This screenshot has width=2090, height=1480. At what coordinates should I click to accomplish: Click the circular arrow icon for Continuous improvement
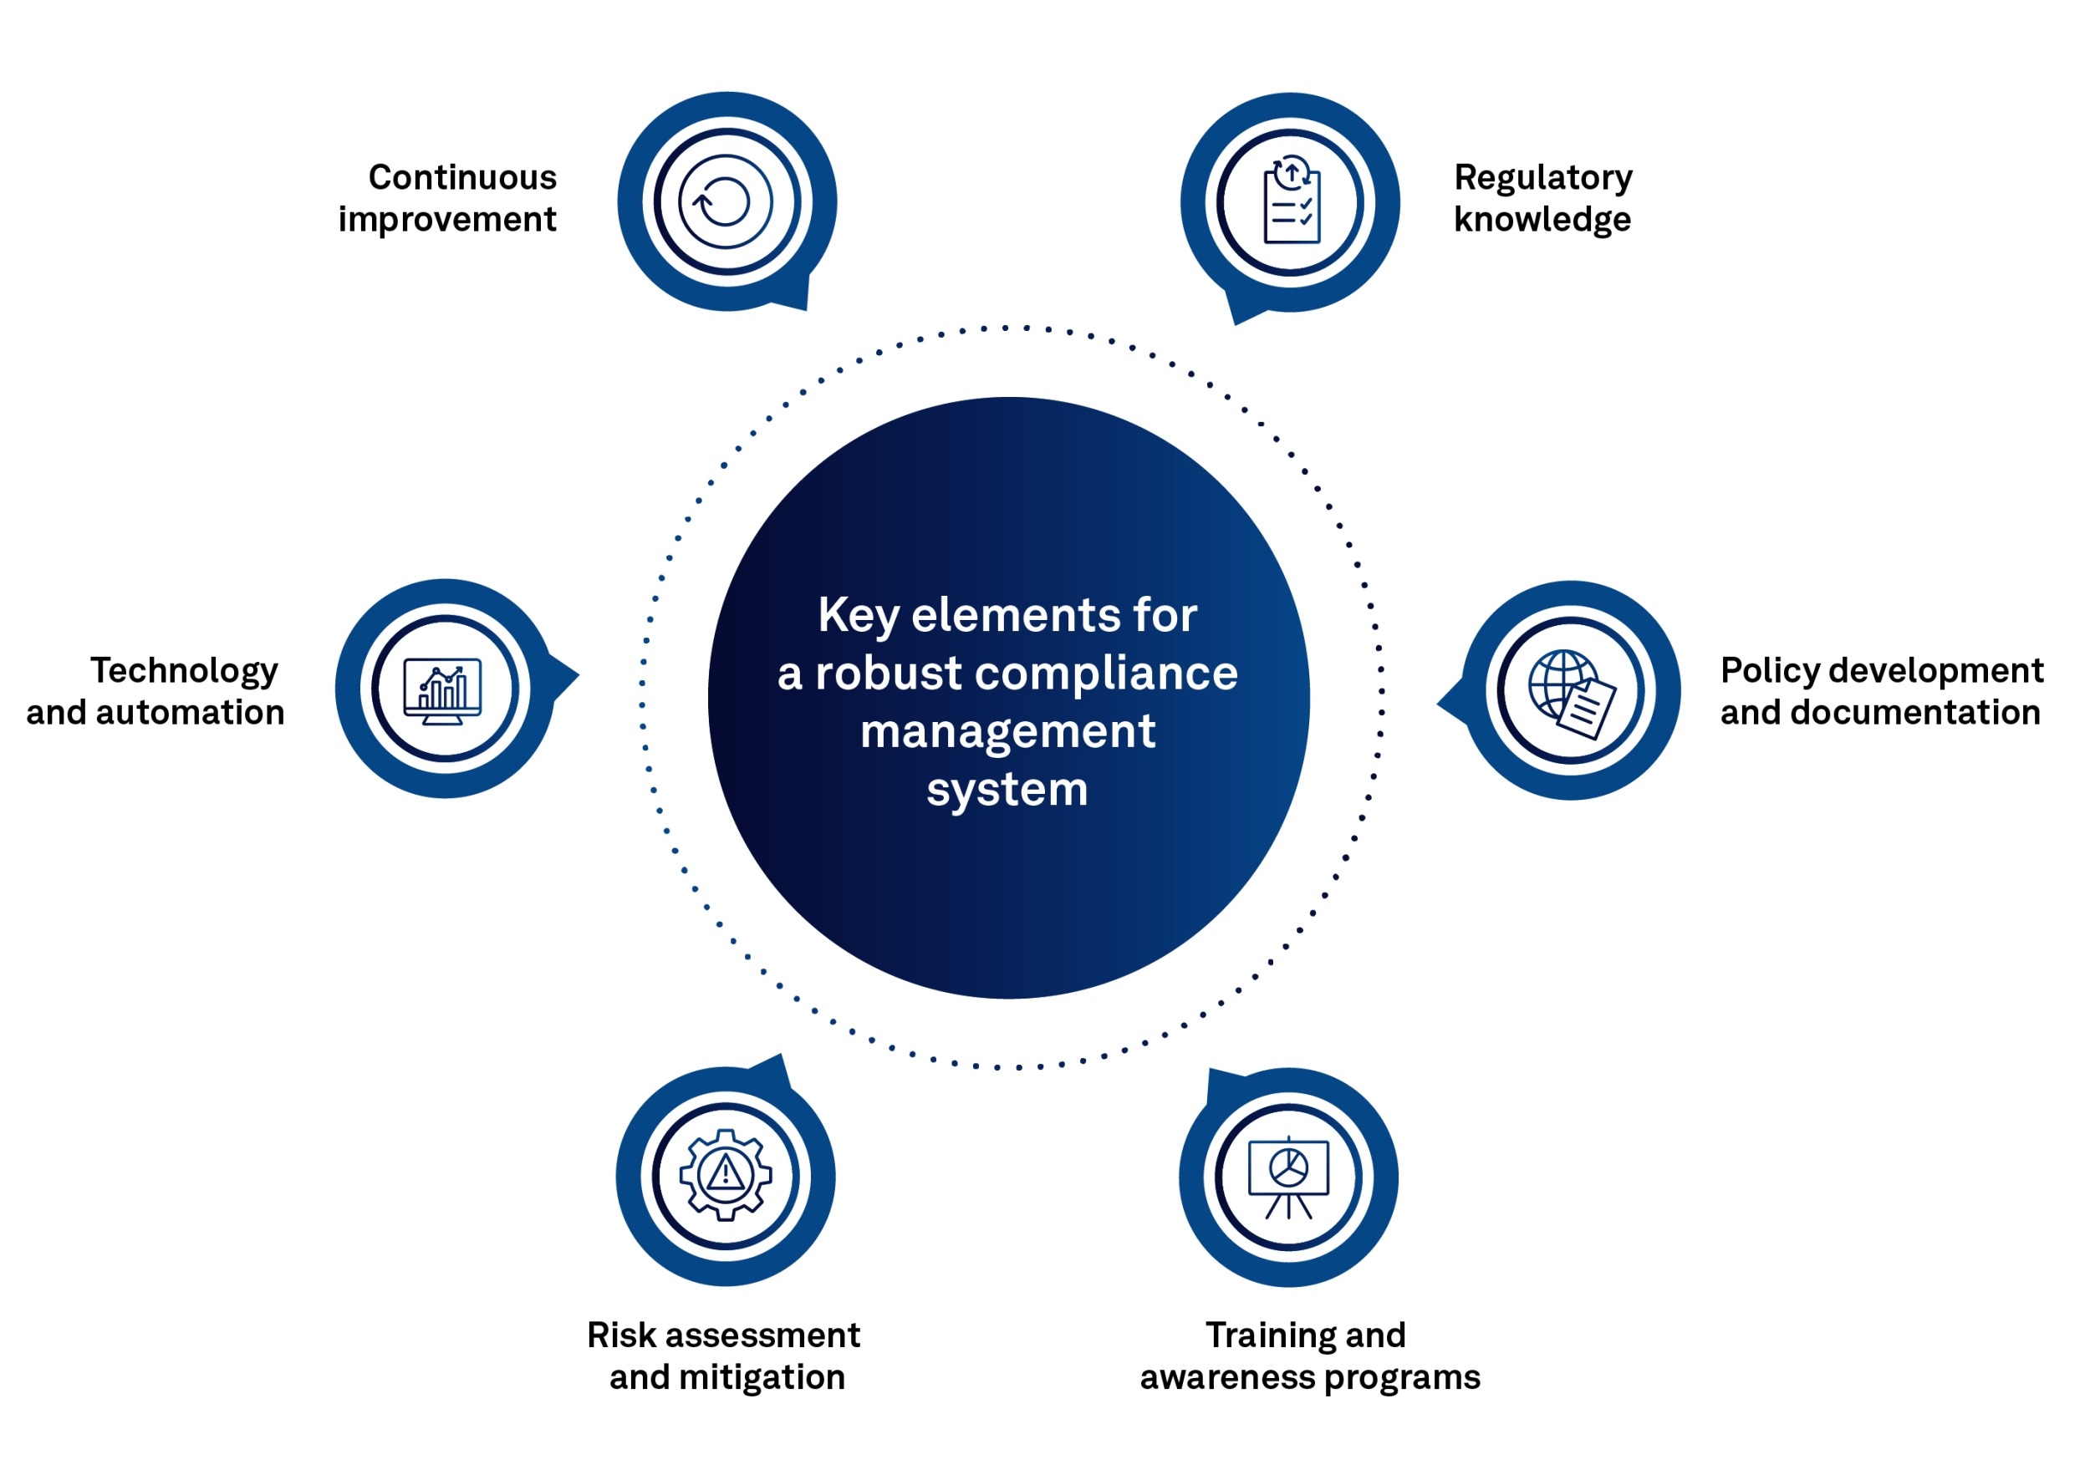coord(726,201)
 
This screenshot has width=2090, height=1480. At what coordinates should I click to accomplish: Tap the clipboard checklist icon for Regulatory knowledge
coord(1291,201)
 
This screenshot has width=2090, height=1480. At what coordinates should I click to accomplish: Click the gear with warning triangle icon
coord(726,1175)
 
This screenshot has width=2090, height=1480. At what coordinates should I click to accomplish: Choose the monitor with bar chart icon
coord(444,690)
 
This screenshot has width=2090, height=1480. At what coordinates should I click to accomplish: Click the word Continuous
coord(462,178)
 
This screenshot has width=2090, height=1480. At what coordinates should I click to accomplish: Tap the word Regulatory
coord(1543,178)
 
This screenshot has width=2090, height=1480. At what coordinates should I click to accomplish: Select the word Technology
coord(184,672)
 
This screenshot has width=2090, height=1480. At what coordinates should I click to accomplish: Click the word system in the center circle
coord(1007,789)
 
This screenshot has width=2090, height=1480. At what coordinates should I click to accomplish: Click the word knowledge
coord(1542,220)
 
